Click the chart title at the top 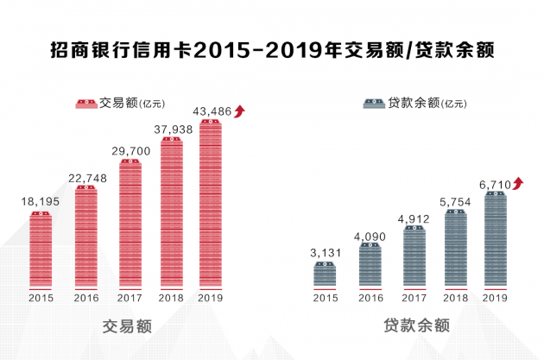[272, 49]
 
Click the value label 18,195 [40, 200]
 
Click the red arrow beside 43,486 [241, 110]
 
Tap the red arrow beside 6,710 [517, 182]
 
